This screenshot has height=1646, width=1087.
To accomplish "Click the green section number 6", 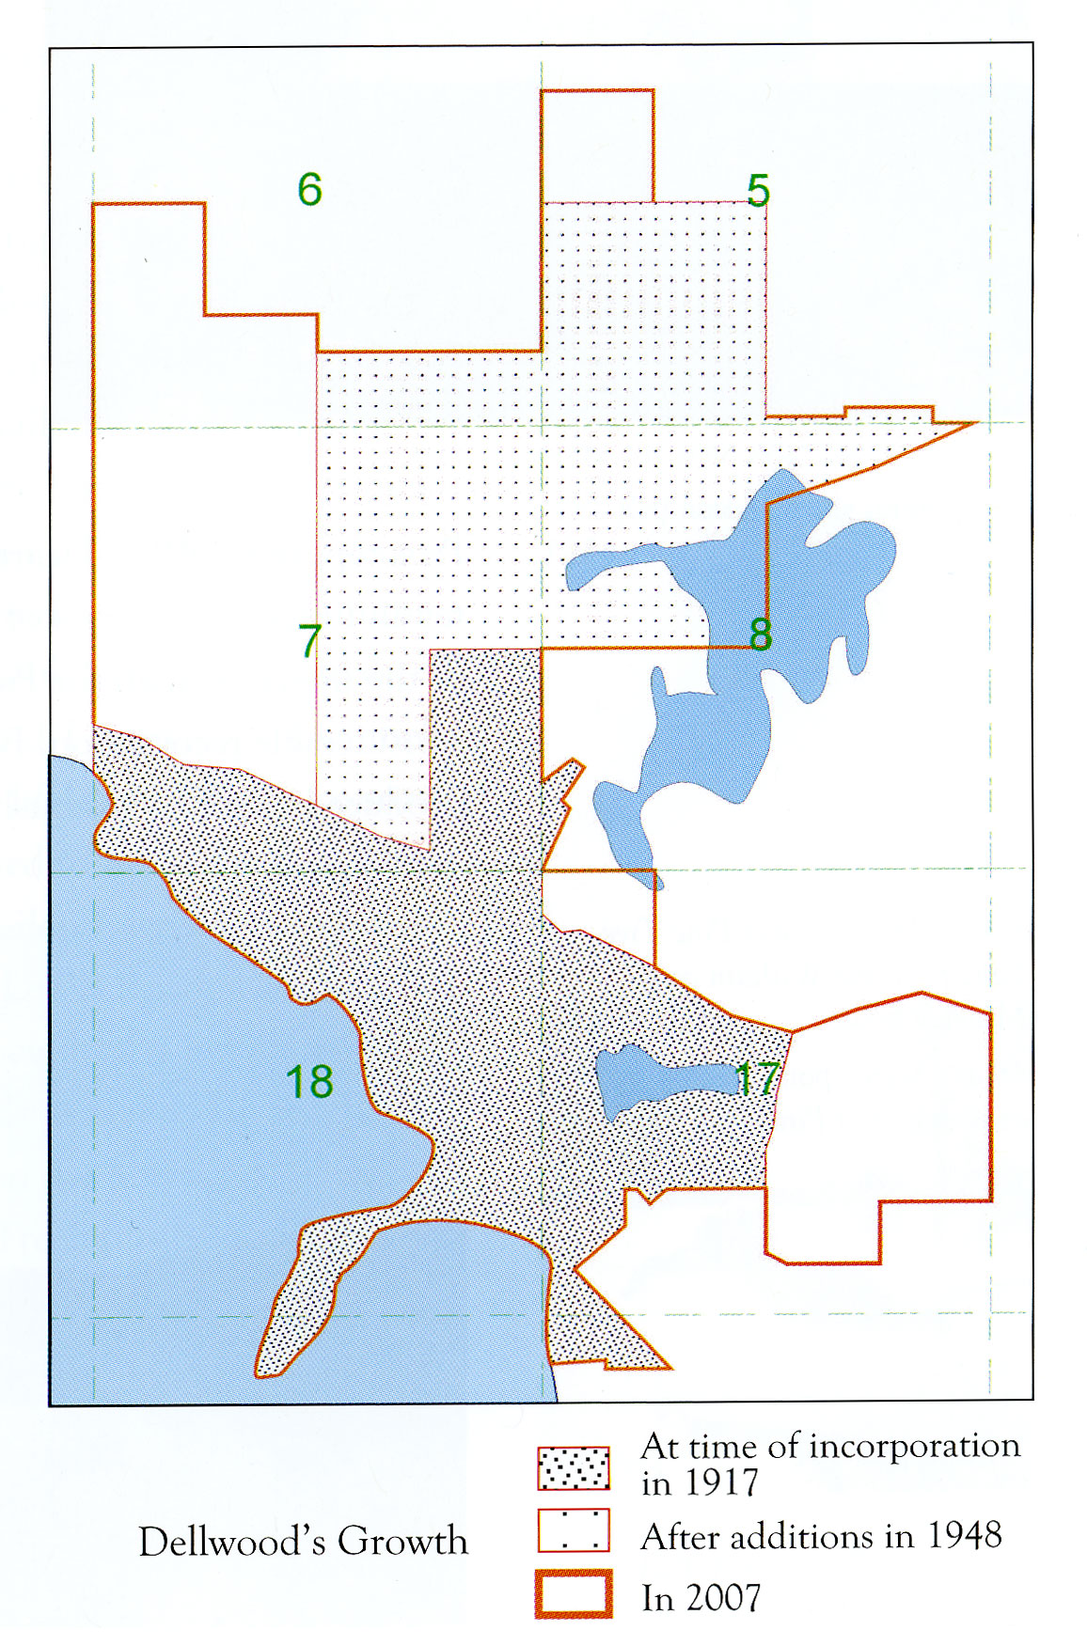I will coord(309,190).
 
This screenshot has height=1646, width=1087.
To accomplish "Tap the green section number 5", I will coord(758,191).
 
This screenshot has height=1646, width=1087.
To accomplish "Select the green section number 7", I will coord(309,641).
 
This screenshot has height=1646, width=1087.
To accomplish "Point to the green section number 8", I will coord(761,635).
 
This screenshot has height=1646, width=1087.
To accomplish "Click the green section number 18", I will coord(309,1082).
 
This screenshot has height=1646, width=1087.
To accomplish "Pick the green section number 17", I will coord(757,1079).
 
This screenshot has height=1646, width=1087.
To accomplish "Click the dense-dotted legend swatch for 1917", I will coord(574,1467).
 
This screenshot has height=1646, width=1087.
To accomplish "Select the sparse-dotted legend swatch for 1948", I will coord(574,1530).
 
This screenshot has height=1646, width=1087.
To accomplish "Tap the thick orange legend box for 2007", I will coord(574,1593).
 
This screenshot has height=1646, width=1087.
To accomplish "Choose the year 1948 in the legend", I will coord(965,1536).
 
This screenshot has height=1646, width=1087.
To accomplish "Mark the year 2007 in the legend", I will coord(723,1598).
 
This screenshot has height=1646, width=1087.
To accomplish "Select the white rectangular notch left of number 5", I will coord(598,146).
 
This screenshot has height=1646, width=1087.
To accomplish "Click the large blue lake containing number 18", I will coord(188,1128).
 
